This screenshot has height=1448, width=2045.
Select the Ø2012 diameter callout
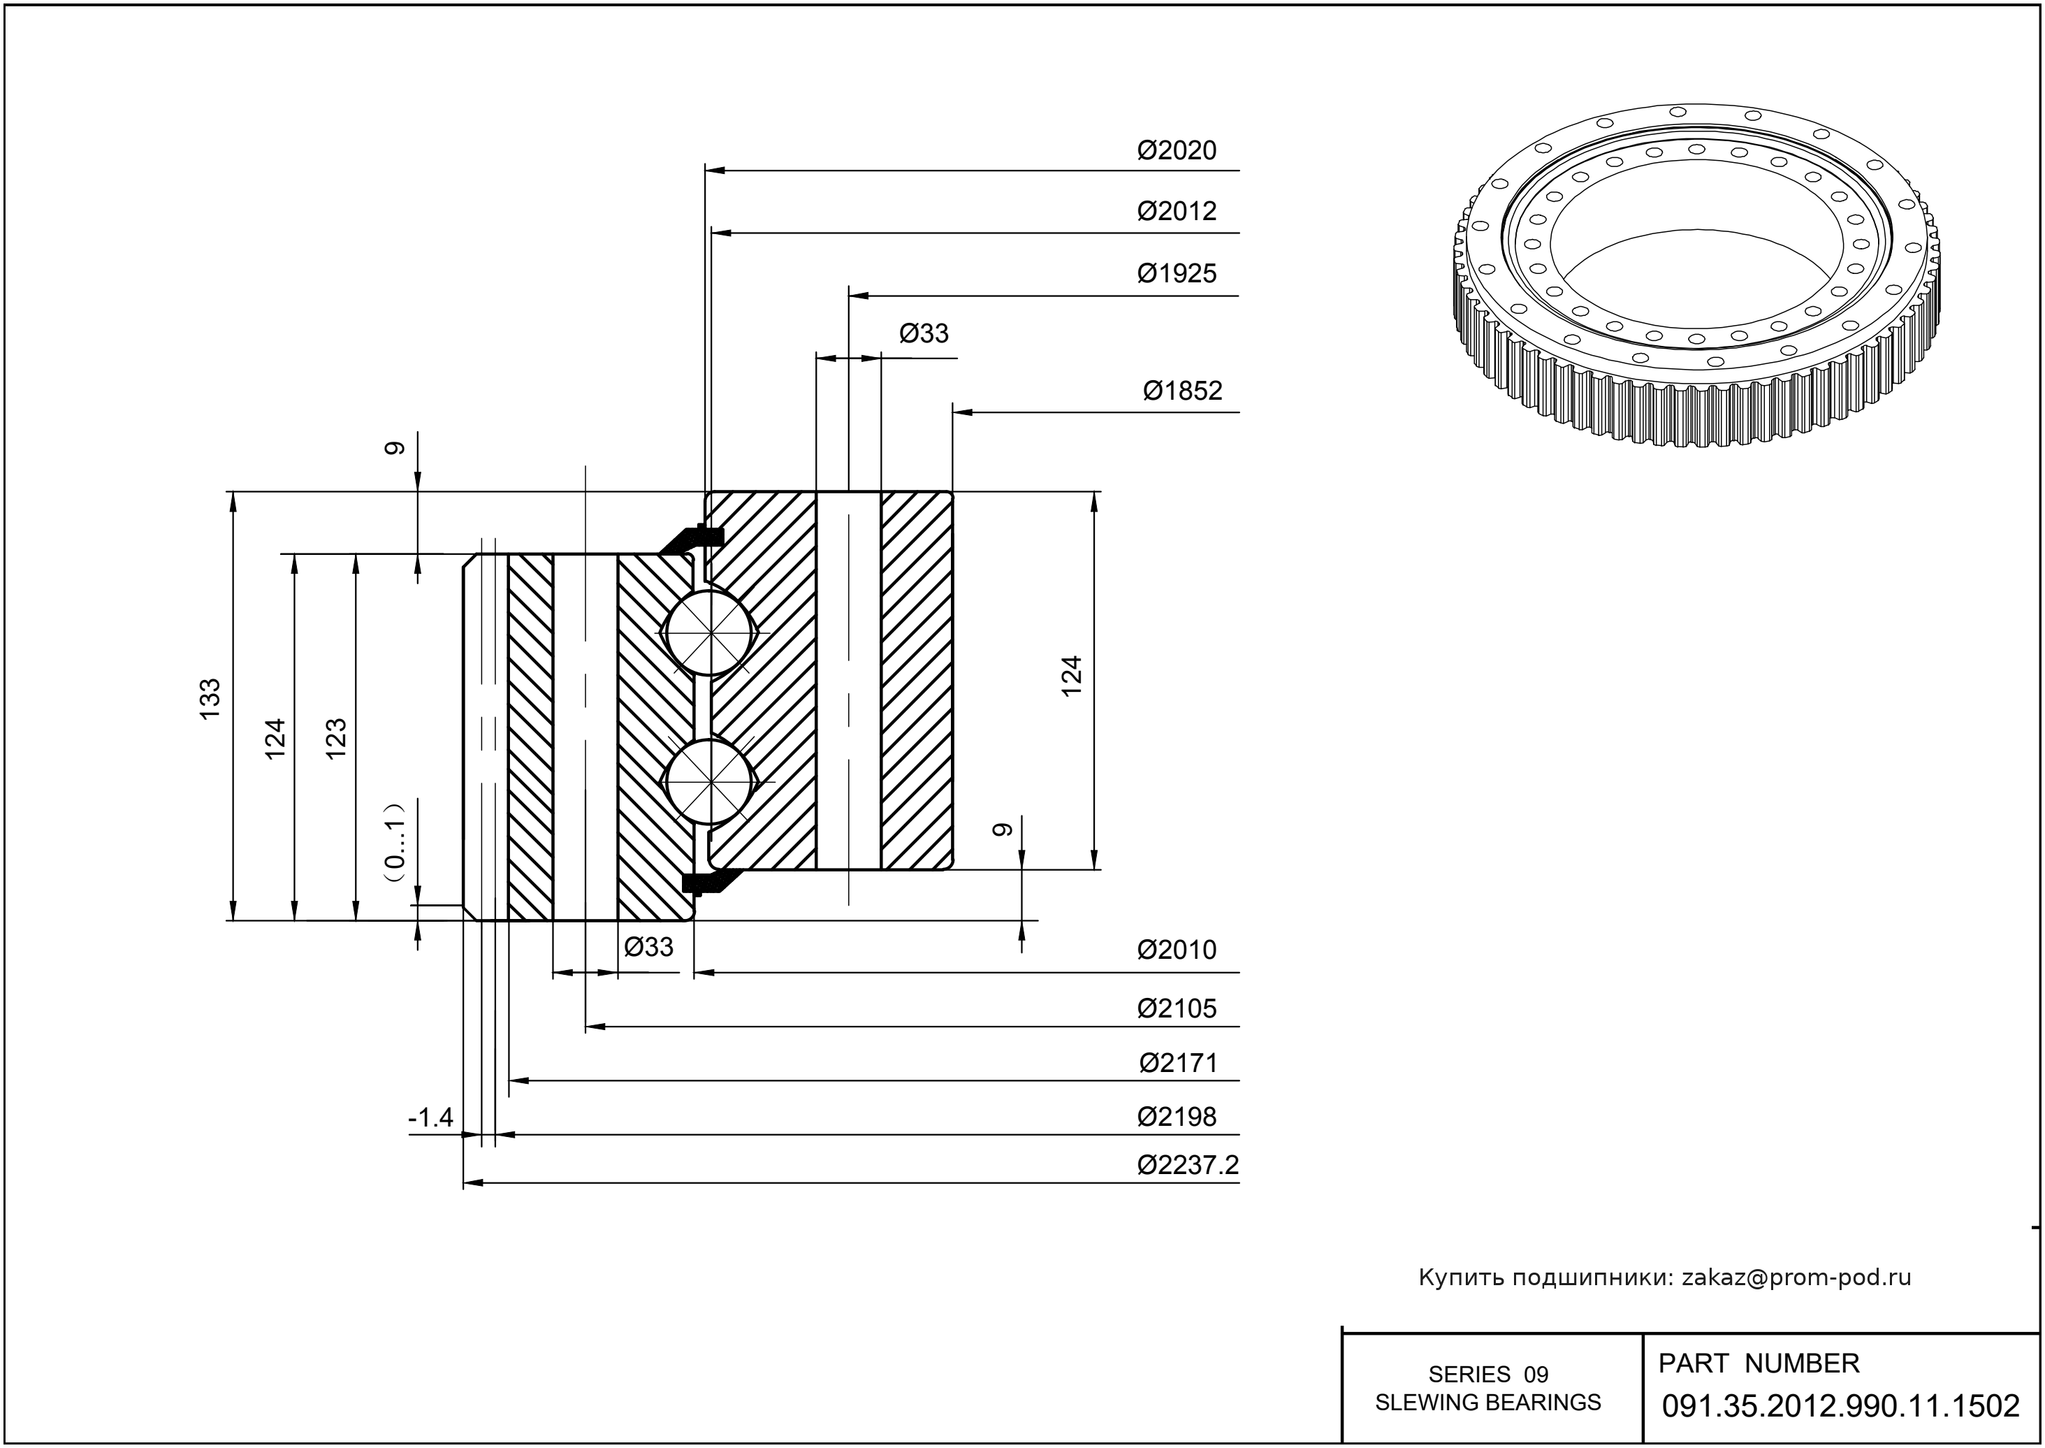[1176, 211]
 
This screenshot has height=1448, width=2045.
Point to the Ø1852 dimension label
[1182, 391]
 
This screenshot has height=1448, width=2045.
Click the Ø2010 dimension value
[1176, 950]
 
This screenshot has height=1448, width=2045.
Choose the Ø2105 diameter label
[1176, 1008]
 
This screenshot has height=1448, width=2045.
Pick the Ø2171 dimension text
[1178, 1063]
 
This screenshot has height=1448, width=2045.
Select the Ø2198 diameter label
[1176, 1116]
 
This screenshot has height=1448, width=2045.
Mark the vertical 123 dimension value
[335, 737]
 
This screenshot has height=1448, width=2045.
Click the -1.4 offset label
[430, 1117]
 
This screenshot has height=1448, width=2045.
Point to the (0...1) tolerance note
[395, 841]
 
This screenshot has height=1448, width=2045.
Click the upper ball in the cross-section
[710, 633]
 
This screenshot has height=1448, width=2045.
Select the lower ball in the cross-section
[710, 782]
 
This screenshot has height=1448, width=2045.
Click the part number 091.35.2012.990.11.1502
[1840, 1406]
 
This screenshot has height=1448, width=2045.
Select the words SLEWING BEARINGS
[1488, 1403]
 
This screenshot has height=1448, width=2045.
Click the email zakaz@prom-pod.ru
[1796, 1277]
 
